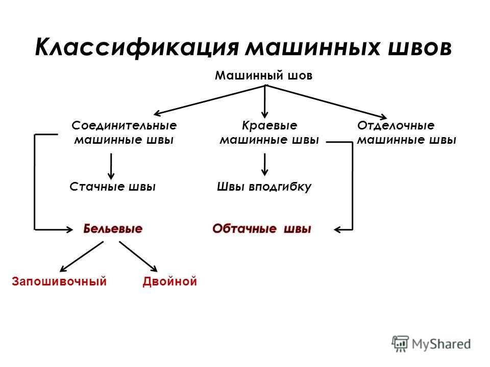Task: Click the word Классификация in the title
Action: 137,47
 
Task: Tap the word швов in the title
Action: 420,48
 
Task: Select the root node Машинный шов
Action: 263,75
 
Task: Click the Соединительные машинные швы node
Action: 124,133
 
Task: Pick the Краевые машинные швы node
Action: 269,133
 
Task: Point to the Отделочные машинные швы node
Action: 407,133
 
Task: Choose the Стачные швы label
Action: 112,187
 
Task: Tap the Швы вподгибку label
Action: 264,187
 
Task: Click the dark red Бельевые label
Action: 113,229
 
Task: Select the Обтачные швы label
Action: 262,229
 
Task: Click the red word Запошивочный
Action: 59,281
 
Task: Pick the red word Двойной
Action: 169,281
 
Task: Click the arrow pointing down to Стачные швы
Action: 111,166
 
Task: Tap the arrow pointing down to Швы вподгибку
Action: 265,165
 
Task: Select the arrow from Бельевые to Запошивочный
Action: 81,256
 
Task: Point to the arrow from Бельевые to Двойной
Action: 138,256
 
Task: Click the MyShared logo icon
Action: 400,344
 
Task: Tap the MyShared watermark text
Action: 441,344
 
